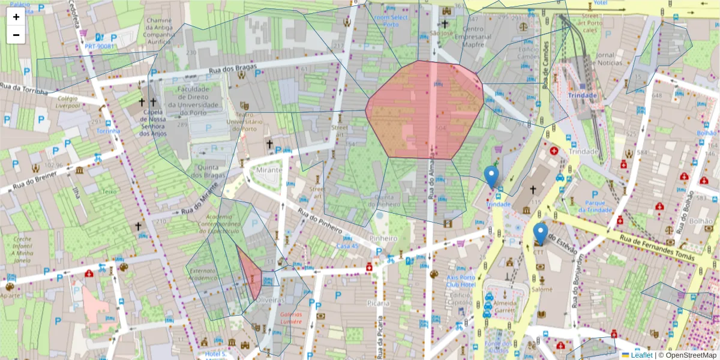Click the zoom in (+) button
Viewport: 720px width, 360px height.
(x=16, y=17)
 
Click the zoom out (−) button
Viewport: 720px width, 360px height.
(x=16, y=35)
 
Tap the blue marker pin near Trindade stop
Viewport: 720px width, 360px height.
(x=491, y=176)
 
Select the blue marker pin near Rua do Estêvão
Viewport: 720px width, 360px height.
(x=541, y=233)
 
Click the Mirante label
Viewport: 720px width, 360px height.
(x=269, y=170)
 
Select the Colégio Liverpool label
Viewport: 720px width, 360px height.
(x=69, y=102)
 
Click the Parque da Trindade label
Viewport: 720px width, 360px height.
(x=594, y=206)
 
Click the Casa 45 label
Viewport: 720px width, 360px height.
(x=347, y=246)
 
